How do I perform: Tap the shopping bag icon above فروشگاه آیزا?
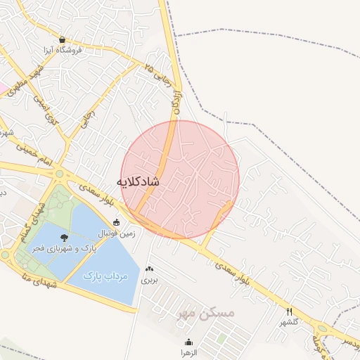(x=63, y=40)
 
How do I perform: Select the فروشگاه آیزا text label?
(x=63, y=51)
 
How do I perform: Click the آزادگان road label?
(x=177, y=101)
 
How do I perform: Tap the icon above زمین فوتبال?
(x=117, y=222)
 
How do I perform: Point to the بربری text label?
(x=150, y=280)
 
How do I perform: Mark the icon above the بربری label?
(x=149, y=269)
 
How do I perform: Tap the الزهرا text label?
(x=188, y=351)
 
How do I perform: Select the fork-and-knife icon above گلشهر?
(x=289, y=311)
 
